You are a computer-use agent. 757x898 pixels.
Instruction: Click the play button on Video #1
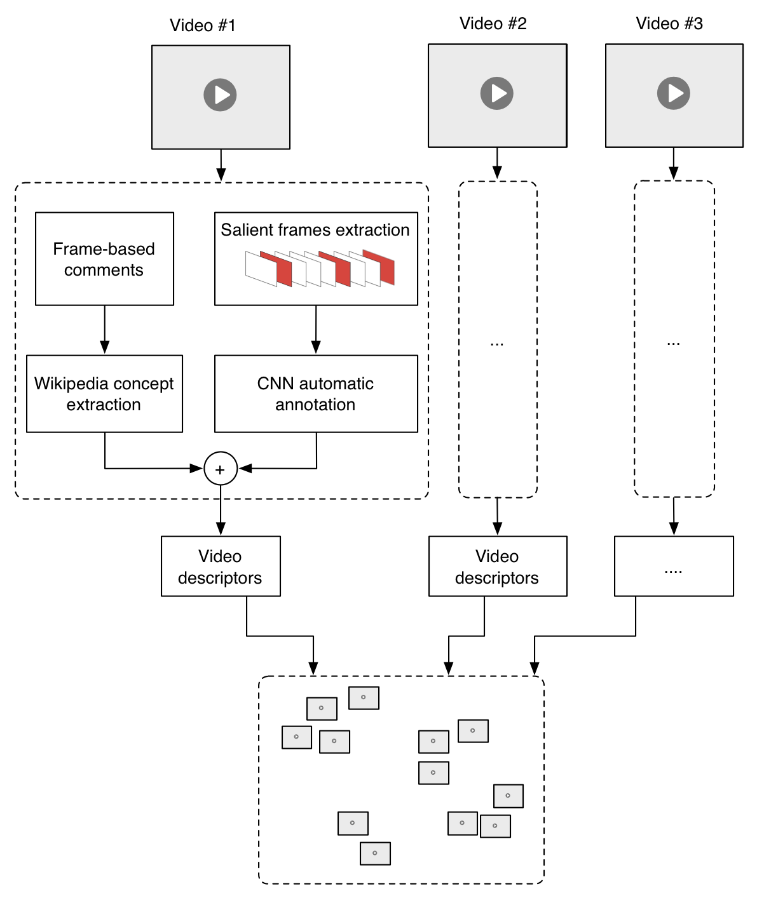(x=220, y=95)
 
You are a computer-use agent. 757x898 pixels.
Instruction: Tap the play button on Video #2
(x=497, y=93)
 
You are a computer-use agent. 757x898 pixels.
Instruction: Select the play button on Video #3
(x=674, y=93)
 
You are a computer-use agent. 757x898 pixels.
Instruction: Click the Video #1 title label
(x=203, y=25)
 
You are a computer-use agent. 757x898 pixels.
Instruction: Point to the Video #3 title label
(x=669, y=23)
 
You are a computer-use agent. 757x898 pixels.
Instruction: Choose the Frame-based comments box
(x=104, y=259)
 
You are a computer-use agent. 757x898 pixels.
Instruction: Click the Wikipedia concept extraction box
(x=104, y=394)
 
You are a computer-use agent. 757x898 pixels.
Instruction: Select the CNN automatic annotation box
(x=316, y=394)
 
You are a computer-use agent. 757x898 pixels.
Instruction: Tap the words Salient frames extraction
(x=315, y=230)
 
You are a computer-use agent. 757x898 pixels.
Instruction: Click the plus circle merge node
(x=221, y=469)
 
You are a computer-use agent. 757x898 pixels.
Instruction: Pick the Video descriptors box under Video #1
(x=221, y=566)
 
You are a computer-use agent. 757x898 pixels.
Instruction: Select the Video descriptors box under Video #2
(x=498, y=566)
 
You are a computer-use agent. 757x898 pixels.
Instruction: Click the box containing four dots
(x=674, y=566)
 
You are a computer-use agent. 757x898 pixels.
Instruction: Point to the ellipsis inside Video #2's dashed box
(x=497, y=344)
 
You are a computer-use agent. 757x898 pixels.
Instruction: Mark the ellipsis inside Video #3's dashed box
(x=674, y=344)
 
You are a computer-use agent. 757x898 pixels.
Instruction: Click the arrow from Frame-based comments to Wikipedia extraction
(x=105, y=330)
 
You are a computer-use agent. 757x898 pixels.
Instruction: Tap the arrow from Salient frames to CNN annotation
(x=316, y=330)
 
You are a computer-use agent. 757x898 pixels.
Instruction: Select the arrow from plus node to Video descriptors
(x=221, y=511)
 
